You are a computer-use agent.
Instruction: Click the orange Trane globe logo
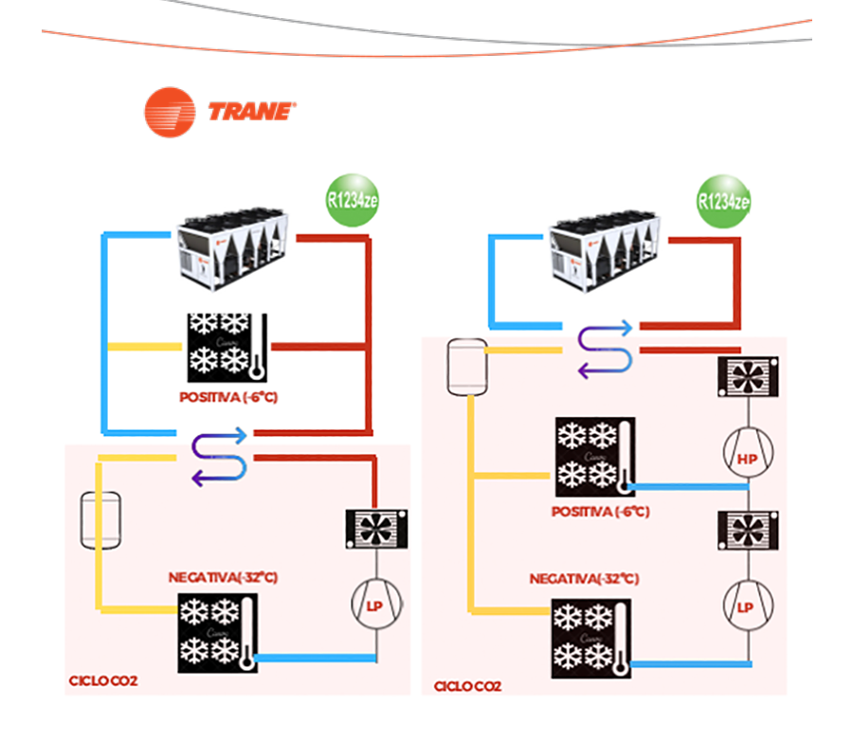[170, 112]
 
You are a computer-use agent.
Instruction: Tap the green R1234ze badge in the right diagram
[724, 201]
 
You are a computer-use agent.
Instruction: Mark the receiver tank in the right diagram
[467, 367]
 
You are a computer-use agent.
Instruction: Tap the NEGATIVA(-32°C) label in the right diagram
[584, 578]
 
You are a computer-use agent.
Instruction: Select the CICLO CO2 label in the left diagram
[103, 680]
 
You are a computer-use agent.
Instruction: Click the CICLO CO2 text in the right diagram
[467, 685]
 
